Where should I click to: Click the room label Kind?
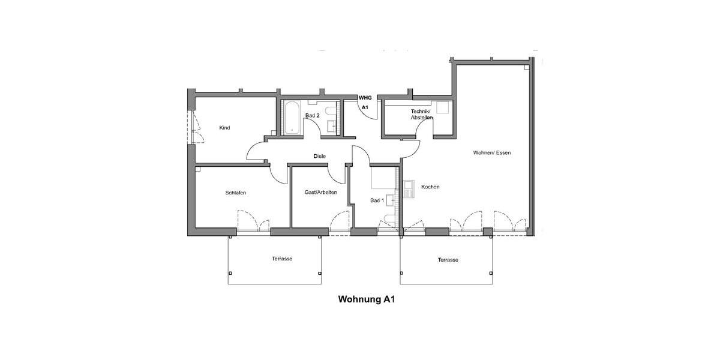[x=224, y=128]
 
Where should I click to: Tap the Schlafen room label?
[x=236, y=193]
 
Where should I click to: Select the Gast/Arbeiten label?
[x=321, y=192]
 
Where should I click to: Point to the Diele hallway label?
[x=320, y=156]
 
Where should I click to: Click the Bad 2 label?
[x=311, y=115]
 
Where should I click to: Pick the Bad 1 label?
[x=377, y=200]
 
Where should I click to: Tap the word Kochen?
[x=430, y=187]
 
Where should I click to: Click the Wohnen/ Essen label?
[x=492, y=152]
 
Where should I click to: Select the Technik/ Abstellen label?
[x=421, y=115]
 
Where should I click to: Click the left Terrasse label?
[x=281, y=259]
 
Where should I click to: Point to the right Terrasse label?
[x=448, y=260]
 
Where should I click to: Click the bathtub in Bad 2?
[x=292, y=118]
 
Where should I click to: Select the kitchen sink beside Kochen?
[x=409, y=190]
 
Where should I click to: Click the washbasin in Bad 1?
[x=391, y=200]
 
